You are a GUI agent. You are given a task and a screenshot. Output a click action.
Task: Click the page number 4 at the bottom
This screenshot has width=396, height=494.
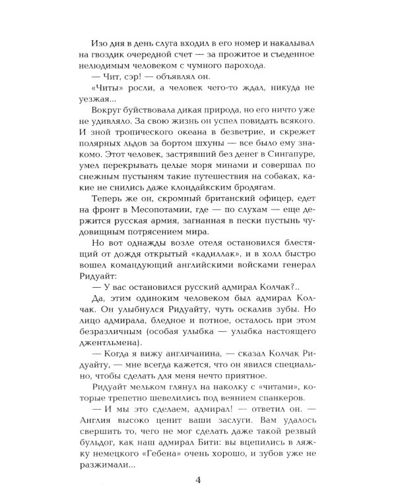(197, 479)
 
